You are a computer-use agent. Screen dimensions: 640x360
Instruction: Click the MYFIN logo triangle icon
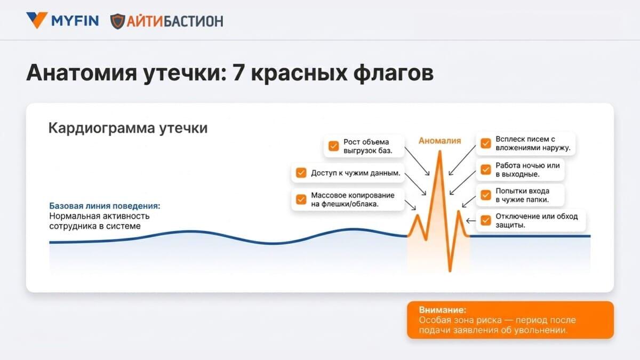[x=37, y=20]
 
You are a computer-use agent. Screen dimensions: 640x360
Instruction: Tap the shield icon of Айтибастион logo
[x=117, y=21]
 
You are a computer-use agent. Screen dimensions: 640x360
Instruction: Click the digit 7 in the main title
[x=238, y=73]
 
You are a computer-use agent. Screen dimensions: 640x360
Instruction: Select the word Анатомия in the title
[x=82, y=73]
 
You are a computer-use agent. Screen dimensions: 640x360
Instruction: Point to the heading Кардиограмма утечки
[x=128, y=127]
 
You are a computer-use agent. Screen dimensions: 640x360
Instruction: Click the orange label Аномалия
[x=439, y=141]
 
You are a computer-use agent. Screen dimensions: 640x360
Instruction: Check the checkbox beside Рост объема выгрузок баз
[x=333, y=146]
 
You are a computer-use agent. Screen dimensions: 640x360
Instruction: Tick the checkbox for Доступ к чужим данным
[x=301, y=173]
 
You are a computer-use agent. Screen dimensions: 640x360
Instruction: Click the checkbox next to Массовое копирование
[x=301, y=199]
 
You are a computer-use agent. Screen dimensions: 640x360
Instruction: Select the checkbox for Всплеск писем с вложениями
[x=486, y=143]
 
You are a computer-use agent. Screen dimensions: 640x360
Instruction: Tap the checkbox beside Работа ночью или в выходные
[x=486, y=170]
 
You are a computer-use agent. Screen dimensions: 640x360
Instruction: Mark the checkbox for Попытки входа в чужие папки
[x=486, y=195]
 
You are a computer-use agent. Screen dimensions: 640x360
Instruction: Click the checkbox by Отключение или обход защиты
[x=486, y=220]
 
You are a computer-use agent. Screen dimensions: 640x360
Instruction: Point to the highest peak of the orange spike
[x=439, y=151]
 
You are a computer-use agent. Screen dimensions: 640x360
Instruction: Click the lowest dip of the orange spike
[x=450, y=270]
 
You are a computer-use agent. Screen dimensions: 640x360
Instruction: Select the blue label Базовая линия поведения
[x=105, y=206]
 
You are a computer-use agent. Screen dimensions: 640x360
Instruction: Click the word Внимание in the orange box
[x=443, y=310]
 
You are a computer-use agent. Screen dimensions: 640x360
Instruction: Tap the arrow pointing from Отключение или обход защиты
[x=471, y=221]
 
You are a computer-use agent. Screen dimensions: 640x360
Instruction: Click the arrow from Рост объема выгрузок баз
[x=417, y=161]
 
